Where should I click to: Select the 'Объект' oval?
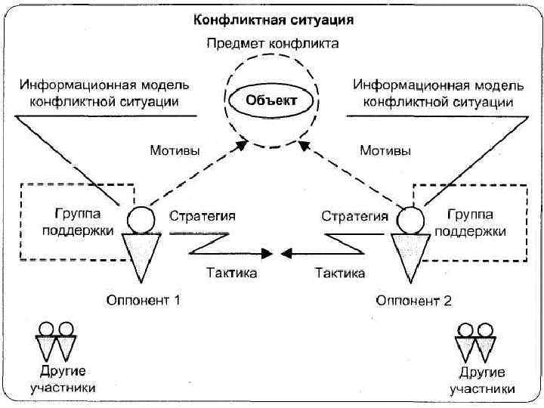(273, 100)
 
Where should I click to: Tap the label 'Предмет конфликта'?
(273, 43)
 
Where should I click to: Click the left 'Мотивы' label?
(175, 150)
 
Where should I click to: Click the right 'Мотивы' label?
(385, 150)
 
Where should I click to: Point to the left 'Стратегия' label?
(202, 216)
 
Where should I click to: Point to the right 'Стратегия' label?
(355, 216)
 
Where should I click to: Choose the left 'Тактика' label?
(232, 272)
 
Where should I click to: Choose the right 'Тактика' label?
(340, 272)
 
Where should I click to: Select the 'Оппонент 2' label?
(414, 300)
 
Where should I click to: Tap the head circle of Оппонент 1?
(139, 221)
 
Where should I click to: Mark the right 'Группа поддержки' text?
(475, 223)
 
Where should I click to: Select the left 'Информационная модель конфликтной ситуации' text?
(104, 91)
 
